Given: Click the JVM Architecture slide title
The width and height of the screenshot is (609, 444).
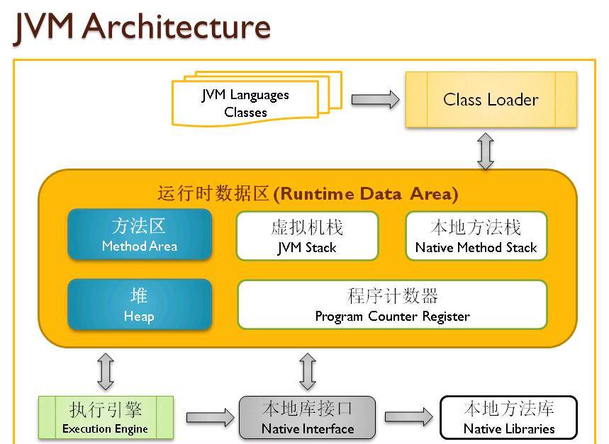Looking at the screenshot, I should click(x=142, y=26).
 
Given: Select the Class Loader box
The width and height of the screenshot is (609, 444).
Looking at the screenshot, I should click(x=491, y=100).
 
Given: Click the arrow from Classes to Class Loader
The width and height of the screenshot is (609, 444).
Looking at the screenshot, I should click(x=375, y=100).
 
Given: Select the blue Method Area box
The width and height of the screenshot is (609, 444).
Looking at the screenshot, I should click(x=140, y=235).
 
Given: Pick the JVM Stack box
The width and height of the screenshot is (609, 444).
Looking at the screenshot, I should click(x=307, y=237).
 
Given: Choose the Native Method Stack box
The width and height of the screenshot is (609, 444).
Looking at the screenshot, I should click(x=476, y=237).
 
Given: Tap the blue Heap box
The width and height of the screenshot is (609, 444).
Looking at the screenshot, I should click(x=140, y=304).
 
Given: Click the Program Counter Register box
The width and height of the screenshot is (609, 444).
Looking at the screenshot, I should click(x=392, y=305).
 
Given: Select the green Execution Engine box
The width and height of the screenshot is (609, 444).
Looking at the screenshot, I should click(x=106, y=418).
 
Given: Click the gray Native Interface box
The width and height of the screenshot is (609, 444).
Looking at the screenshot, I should click(x=307, y=418).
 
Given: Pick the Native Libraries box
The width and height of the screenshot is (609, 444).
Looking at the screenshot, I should click(x=508, y=418).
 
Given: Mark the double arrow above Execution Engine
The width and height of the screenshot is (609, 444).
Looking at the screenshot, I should click(x=106, y=371).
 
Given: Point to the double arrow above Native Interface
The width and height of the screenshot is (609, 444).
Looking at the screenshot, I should click(x=307, y=371).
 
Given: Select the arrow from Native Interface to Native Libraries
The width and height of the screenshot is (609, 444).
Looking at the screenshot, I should click(x=408, y=417).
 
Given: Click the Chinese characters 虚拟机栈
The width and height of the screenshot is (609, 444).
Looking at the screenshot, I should click(x=307, y=227).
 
